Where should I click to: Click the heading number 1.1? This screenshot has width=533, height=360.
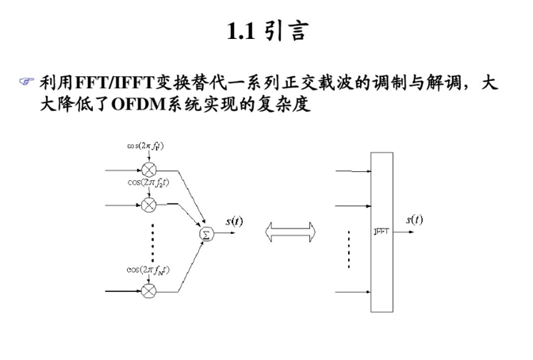click(x=240, y=33)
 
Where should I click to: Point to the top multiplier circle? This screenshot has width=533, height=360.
click(x=148, y=170)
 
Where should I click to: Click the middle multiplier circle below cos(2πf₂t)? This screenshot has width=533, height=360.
click(x=148, y=205)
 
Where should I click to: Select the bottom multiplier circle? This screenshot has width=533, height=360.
click(x=148, y=291)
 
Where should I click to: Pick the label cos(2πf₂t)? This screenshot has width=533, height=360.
click(x=148, y=182)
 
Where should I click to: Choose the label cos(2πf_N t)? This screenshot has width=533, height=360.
click(x=148, y=270)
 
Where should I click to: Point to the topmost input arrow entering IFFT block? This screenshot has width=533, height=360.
click(x=352, y=170)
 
